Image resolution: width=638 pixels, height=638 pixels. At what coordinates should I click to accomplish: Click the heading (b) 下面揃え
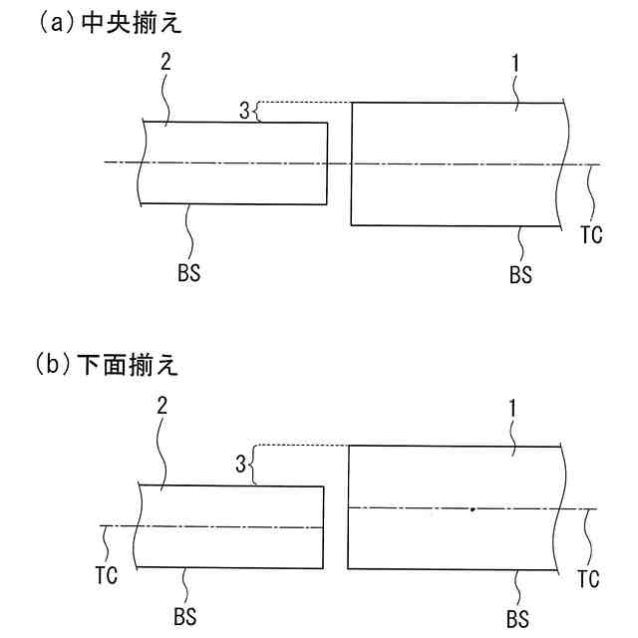[x=110, y=366]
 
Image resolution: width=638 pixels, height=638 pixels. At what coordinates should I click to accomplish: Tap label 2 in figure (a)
[x=165, y=61]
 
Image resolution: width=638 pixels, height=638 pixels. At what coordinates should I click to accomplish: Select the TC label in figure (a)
[x=590, y=235]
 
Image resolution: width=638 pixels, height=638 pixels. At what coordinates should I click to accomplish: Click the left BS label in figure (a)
[x=187, y=271]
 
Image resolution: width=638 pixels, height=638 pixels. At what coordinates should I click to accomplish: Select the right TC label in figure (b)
[x=588, y=579]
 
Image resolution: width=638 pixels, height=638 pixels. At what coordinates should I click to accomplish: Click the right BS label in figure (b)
[x=519, y=617]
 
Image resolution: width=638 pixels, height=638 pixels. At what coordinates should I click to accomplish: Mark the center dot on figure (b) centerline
[x=472, y=508]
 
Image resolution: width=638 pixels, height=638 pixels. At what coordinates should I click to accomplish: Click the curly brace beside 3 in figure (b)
[x=253, y=463]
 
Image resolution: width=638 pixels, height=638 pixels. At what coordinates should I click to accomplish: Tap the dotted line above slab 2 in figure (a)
[x=304, y=103]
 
